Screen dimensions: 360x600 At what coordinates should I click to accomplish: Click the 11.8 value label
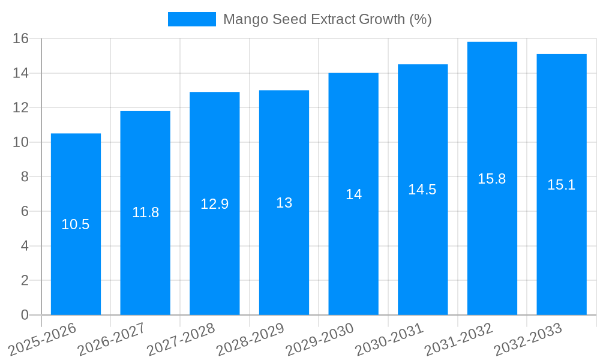click(145, 212)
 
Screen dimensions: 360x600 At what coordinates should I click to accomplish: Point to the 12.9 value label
click(214, 204)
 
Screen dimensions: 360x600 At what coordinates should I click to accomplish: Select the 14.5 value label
click(422, 190)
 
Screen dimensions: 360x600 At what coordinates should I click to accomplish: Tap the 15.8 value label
click(492, 179)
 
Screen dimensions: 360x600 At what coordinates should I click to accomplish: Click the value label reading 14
click(353, 194)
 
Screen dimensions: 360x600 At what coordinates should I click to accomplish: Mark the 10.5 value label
click(76, 224)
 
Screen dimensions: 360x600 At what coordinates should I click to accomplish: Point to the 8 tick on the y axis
click(25, 177)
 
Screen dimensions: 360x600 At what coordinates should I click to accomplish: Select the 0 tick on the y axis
click(25, 315)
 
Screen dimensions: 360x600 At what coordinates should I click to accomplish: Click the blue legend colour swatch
click(192, 19)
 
